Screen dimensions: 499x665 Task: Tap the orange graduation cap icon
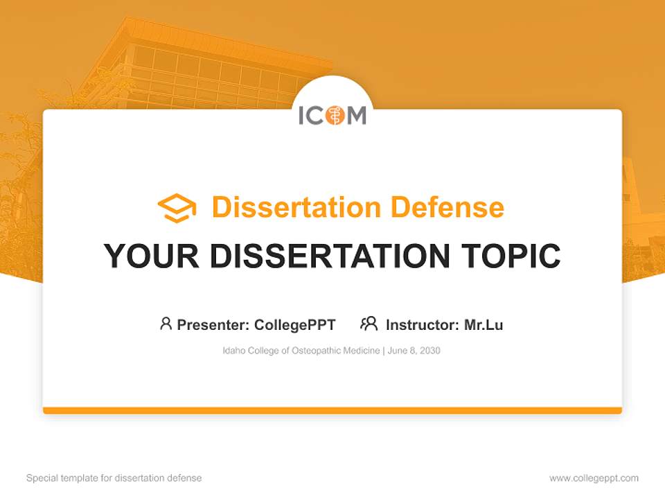177,208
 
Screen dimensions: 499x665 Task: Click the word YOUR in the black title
152,256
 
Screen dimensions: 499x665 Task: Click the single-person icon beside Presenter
166,324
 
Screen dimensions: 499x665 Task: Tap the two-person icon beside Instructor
369,324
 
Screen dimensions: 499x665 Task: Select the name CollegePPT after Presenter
294,325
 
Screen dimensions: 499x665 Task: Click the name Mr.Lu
484,325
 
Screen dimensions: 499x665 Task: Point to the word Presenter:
213,325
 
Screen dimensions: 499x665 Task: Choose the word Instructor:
422,325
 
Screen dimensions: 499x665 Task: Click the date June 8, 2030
414,351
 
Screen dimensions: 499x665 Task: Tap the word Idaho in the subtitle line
233,351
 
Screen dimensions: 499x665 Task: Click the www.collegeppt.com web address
594,478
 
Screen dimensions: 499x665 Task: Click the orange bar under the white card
332,410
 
